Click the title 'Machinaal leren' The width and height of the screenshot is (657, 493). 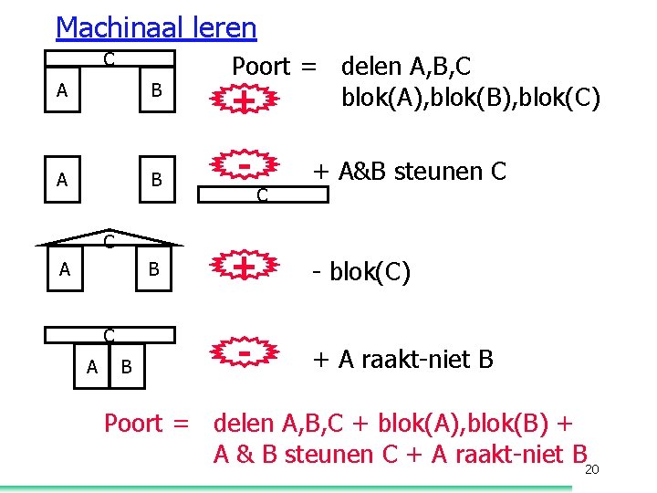click(156, 27)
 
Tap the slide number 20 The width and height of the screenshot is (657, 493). click(591, 469)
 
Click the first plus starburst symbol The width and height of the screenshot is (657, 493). click(244, 98)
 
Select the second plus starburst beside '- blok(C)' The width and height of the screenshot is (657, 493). click(244, 267)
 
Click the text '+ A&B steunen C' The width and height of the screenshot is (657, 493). click(409, 171)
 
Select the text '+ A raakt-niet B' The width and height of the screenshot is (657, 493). click(402, 360)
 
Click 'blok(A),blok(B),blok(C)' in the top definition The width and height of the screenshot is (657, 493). click(470, 97)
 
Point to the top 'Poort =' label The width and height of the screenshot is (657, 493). click(275, 67)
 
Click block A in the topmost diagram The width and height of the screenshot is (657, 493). click(62, 90)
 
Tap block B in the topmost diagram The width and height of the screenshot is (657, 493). click(157, 90)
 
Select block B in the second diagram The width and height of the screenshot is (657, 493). click(157, 180)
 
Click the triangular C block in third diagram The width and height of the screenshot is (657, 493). click(109, 241)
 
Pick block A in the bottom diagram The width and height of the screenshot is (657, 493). click(91, 367)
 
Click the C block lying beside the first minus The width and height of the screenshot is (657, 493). click(263, 193)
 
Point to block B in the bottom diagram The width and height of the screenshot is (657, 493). click(127, 367)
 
